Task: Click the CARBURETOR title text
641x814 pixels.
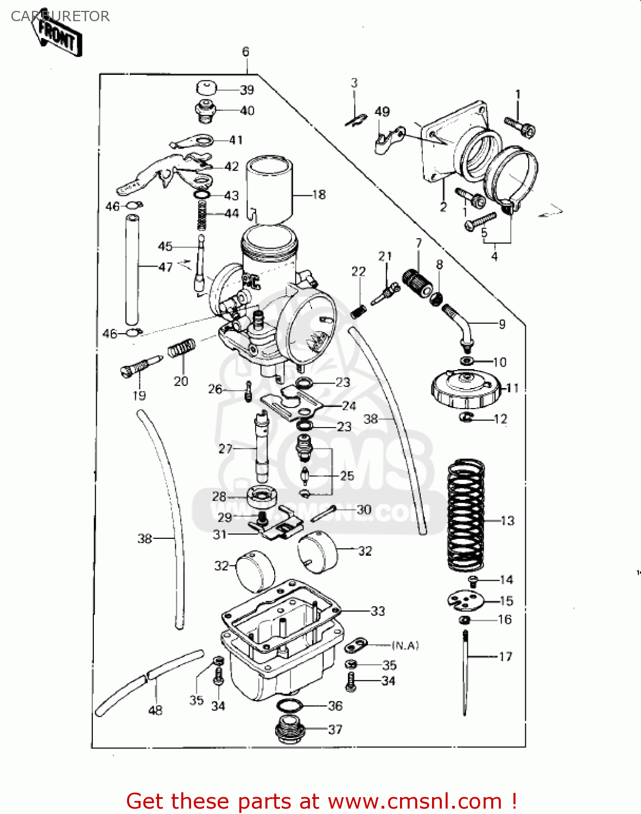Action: click(60, 16)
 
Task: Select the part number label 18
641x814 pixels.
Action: click(319, 194)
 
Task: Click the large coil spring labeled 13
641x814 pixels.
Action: click(465, 516)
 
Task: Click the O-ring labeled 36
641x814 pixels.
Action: click(291, 705)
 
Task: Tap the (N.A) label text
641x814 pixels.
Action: click(405, 645)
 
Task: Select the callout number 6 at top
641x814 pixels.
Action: click(246, 52)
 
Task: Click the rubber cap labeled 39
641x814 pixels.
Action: click(206, 88)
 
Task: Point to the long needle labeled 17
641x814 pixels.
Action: click(465, 673)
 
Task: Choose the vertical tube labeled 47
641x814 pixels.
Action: click(132, 270)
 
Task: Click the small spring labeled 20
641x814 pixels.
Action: click(181, 348)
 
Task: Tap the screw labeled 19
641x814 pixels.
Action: click(139, 366)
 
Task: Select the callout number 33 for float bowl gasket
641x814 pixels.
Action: click(378, 611)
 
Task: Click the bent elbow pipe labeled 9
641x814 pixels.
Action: click(459, 326)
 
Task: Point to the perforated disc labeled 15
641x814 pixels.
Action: click(465, 600)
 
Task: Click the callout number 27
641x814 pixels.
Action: click(225, 449)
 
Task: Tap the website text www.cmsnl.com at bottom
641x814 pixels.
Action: click(415, 801)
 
